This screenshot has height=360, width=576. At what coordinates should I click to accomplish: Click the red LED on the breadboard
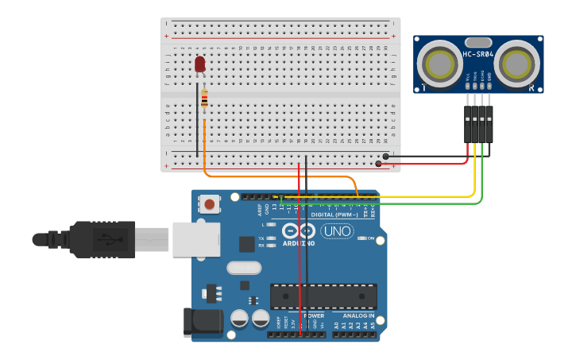pos(200,64)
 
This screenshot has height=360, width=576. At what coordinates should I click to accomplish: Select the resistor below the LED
pos(204,99)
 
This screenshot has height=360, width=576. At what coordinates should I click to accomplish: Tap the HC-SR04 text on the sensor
pos(478,55)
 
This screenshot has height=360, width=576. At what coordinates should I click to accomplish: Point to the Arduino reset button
pos(209,204)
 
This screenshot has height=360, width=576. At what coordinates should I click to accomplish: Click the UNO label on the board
pos(337,231)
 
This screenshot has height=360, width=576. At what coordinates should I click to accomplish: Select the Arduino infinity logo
pos(307,230)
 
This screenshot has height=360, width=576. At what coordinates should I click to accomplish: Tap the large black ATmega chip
pos(323,296)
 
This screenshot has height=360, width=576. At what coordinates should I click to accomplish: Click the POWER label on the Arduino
pos(314,315)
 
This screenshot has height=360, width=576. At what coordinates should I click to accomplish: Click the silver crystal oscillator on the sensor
pos(478,41)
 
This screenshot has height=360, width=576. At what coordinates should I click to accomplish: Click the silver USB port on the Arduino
pos(195,238)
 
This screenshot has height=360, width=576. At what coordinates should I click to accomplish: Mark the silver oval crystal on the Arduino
pos(244,268)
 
